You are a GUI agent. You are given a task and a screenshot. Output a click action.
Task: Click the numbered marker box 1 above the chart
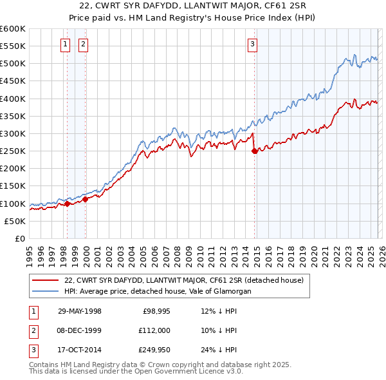(66, 44)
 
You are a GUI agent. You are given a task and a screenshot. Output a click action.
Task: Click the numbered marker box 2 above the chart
(84, 44)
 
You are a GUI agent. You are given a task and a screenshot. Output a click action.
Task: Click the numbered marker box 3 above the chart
(253, 44)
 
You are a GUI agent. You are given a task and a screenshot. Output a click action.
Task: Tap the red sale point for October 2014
(254, 151)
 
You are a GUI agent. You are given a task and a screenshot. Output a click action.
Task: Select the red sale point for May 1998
(67, 204)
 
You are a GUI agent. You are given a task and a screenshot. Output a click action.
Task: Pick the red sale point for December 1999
(85, 200)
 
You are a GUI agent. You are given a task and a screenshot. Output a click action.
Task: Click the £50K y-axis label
(15, 221)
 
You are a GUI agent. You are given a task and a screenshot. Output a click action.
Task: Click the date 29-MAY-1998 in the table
(80, 312)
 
